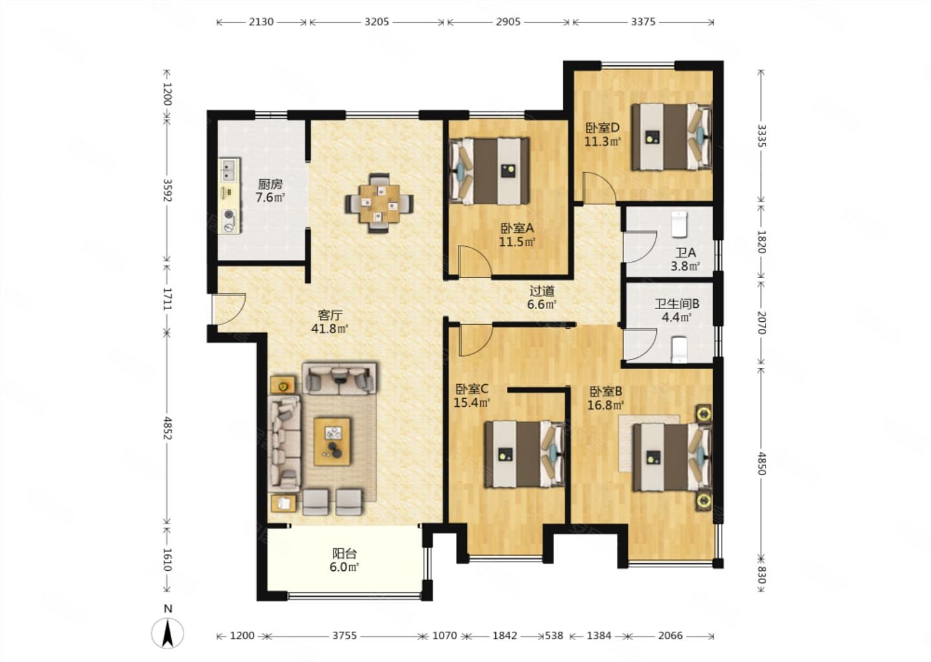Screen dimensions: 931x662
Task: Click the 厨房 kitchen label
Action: coord(270,184)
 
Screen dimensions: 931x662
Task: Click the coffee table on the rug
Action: coord(332,442)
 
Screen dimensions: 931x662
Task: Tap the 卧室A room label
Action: coord(517,228)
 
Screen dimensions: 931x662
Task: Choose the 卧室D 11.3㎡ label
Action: coord(603,134)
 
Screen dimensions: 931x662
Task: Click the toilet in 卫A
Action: coord(679,224)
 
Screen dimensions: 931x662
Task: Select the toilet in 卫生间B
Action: coord(679,349)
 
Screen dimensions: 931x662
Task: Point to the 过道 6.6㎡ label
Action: coord(542,297)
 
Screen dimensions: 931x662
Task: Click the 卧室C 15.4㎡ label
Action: coord(472,396)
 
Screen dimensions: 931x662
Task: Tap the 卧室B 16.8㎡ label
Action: coord(606,398)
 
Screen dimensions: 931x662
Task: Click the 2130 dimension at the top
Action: coord(261,21)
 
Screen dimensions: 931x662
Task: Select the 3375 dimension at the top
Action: coord(643,21)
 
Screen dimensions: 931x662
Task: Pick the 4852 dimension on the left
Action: coord(167,428)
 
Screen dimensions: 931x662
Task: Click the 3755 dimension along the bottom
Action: coord(345,635)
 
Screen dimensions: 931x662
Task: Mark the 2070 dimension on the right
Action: coord(762,323)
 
